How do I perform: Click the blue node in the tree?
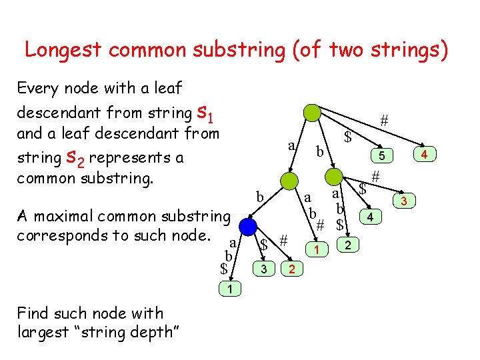tap(248, 227)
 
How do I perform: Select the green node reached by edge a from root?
tap(289, 181)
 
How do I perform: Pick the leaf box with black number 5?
tap(381, 156)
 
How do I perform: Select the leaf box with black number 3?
tap(265, 269)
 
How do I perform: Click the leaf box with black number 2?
tap(347, 247)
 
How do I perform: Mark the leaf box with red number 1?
tap(318, 249)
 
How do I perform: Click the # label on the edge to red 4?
tap(384, 121)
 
